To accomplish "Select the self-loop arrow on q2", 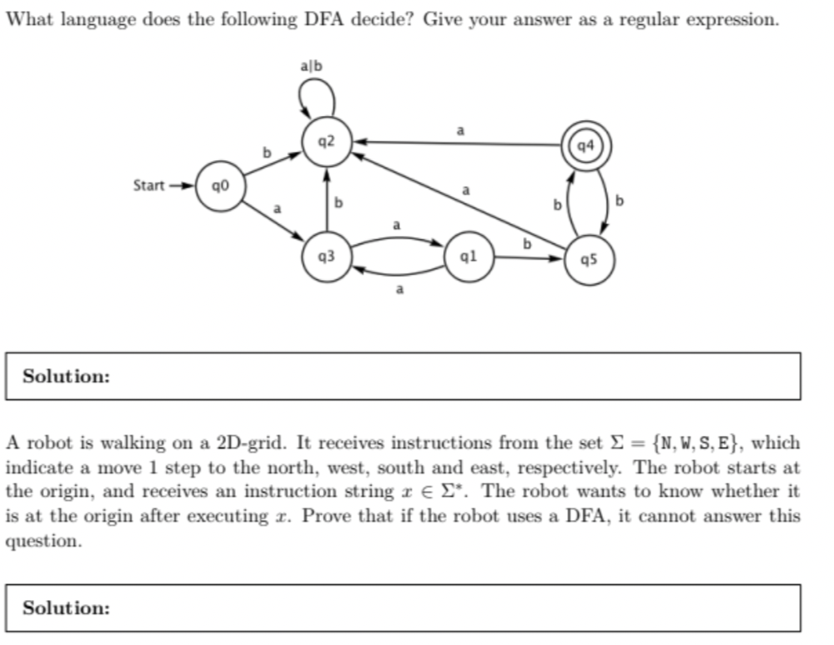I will point(317,98).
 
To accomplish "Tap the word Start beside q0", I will point(149,184).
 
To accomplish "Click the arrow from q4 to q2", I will point(459,143).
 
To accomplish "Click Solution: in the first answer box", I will point(66,377).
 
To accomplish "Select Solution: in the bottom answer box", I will point(66,608).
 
